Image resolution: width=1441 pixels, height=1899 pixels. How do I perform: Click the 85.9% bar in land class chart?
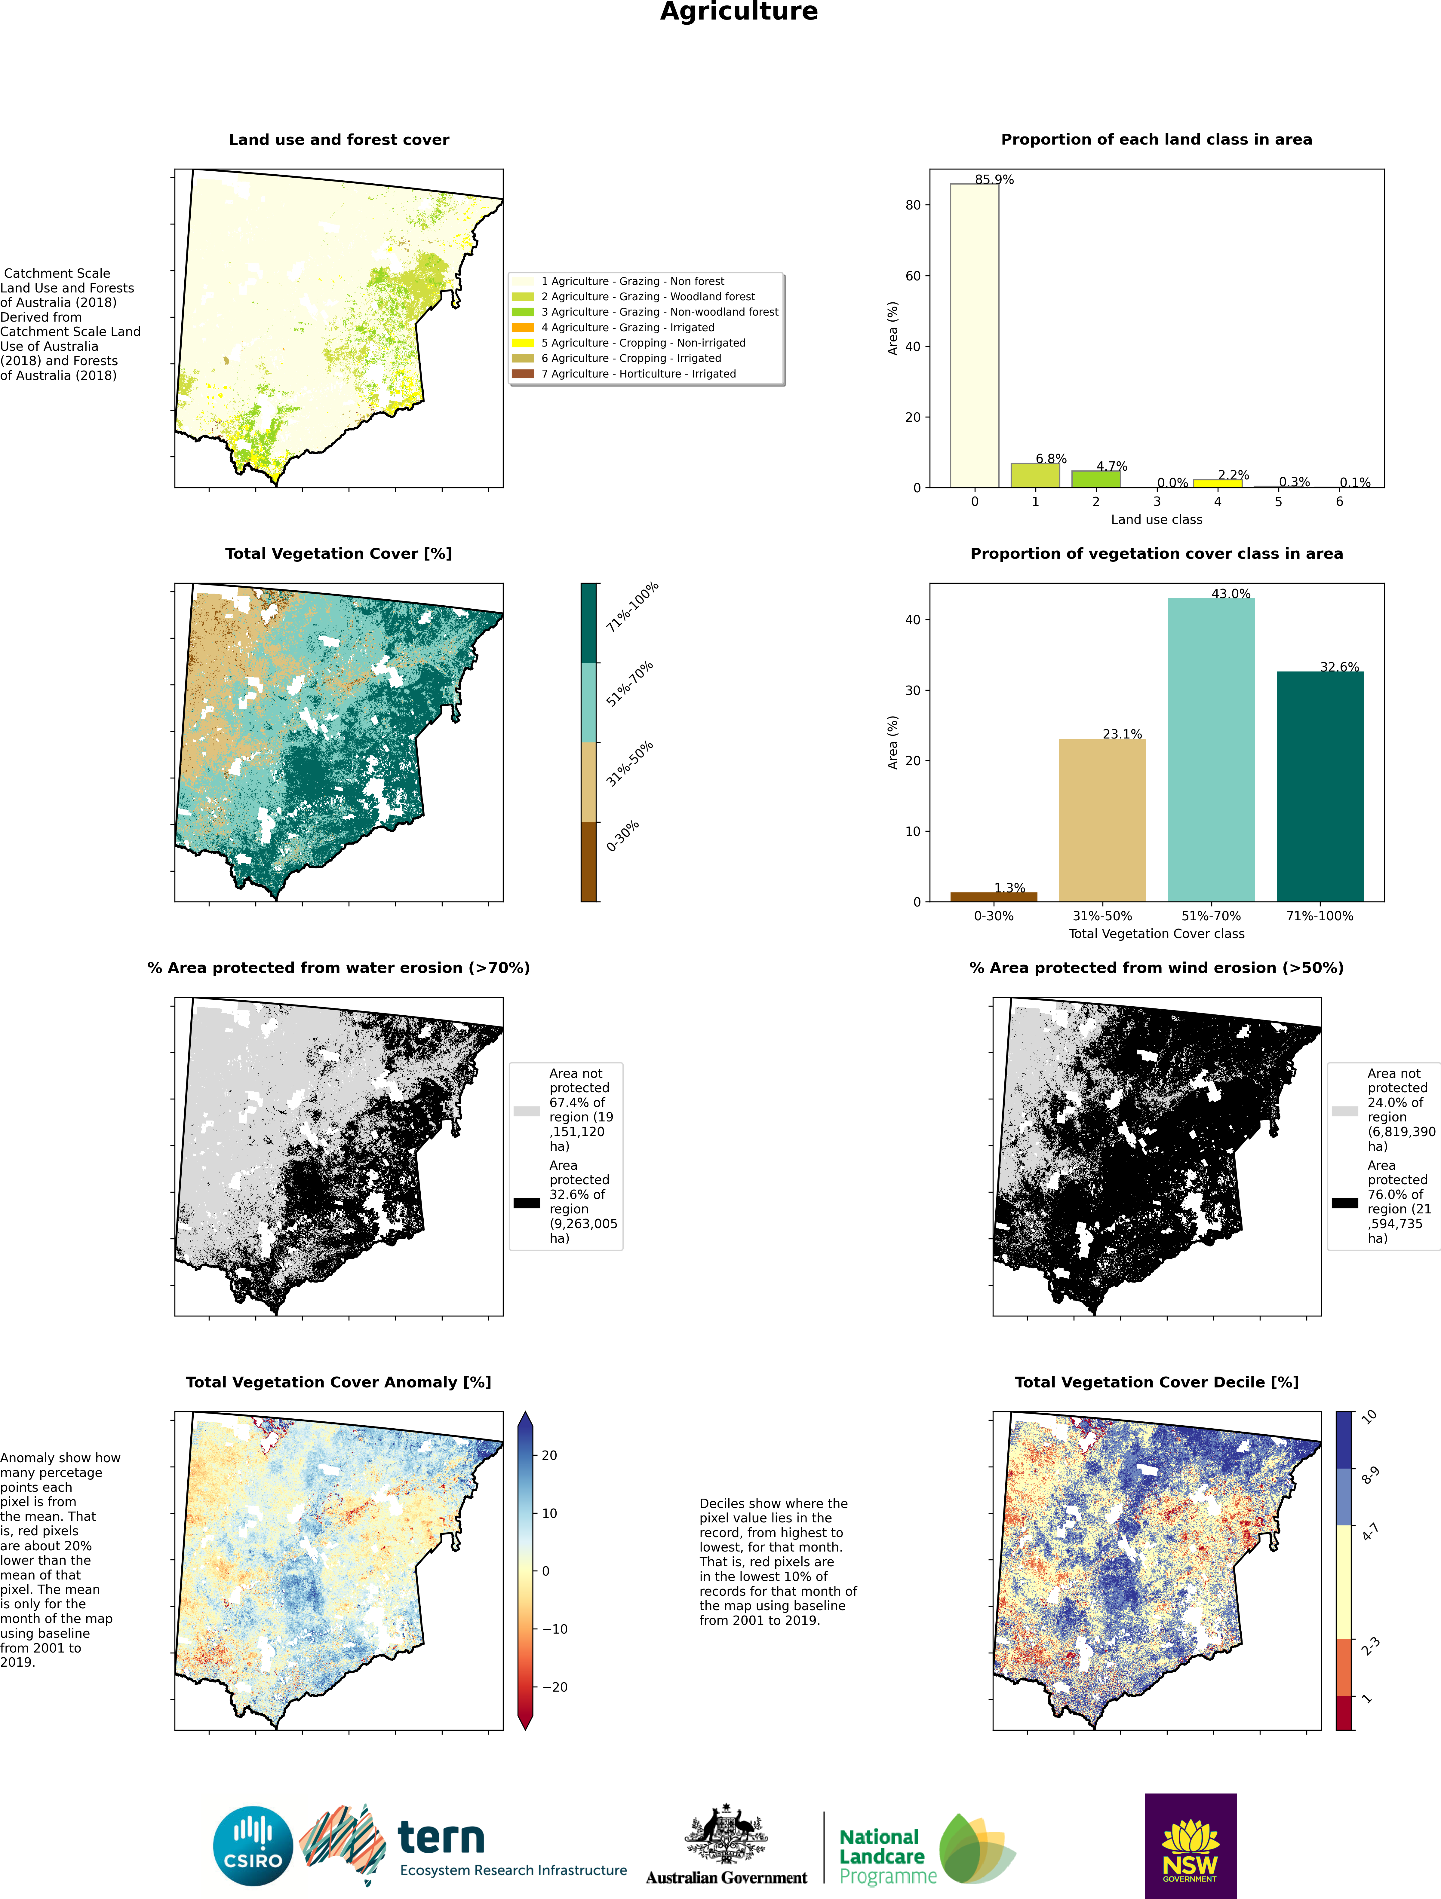point(974,335)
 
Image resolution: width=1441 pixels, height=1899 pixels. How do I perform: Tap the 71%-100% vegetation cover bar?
point(1319,785)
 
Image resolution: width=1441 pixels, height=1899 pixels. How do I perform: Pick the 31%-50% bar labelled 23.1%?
point(1102,820)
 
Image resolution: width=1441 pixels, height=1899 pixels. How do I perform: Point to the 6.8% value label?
point(1050,458)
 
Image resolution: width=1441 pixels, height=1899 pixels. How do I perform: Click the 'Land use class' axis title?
point(1156,519)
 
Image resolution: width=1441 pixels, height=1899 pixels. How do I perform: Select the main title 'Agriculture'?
point(739,12)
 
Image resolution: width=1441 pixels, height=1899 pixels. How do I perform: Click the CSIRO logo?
point(253,1846)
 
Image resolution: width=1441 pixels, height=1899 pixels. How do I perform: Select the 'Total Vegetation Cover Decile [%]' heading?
point(1156,1382)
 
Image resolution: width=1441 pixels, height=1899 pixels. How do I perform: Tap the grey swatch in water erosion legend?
point(527,1111)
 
